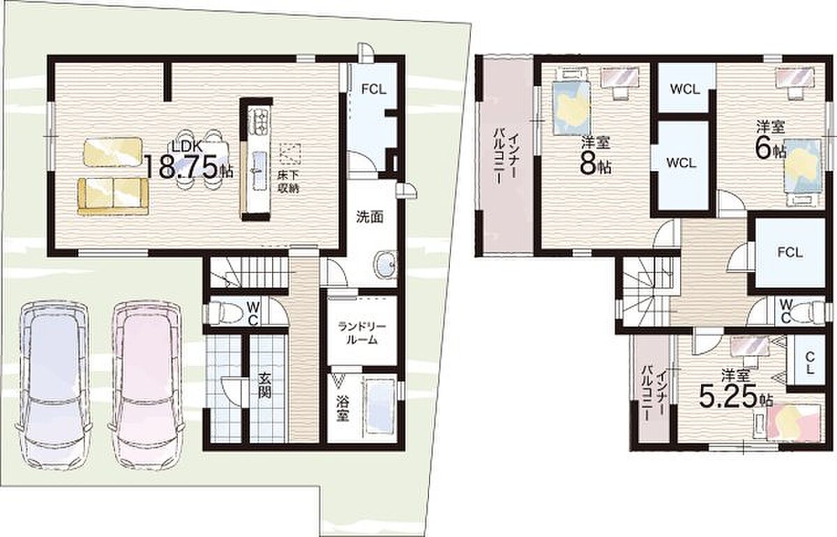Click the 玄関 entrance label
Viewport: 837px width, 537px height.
point(264,391)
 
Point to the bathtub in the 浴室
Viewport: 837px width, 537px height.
point(379,407)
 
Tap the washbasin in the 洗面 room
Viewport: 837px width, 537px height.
point(385,264)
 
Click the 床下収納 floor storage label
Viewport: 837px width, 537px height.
point(288,181)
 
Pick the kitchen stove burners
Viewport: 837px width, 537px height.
point(258,121)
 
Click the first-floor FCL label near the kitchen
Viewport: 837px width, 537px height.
point(374,90)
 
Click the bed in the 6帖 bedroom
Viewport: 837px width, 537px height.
point(803,172)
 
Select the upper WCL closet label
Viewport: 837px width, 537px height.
point(684,89)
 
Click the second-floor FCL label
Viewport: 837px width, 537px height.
point(790,252)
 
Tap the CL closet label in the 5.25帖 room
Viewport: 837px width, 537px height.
point(808,363)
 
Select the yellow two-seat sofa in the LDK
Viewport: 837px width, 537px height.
point(113,197)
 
